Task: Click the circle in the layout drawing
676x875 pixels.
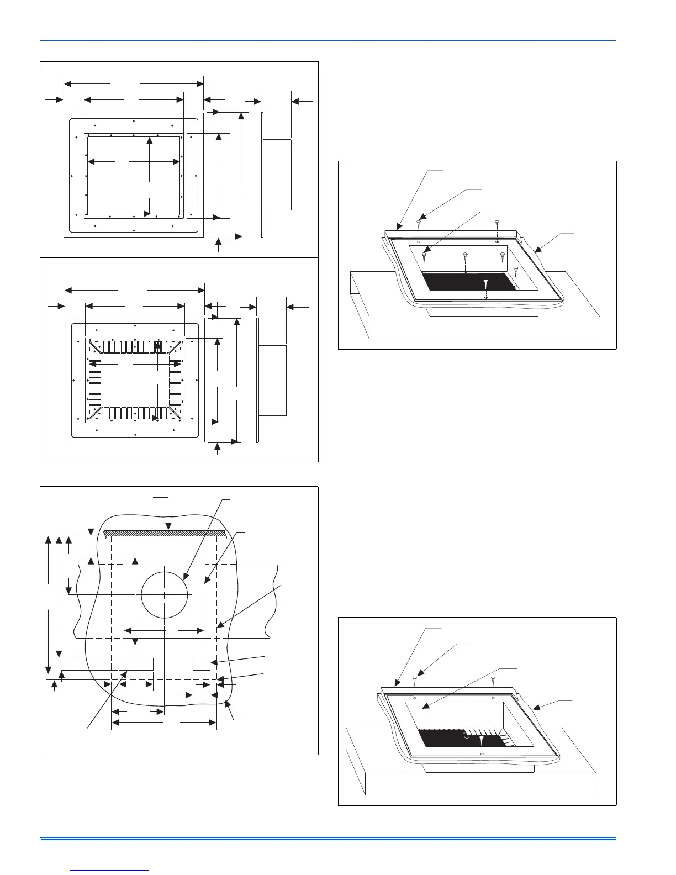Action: pos(165,594)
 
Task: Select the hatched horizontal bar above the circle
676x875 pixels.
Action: pos(165,533)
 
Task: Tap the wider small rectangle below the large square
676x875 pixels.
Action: pos(136,664)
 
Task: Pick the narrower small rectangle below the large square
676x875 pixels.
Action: pos(202,664)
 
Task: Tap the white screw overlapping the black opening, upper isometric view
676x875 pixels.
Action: pos(485,283)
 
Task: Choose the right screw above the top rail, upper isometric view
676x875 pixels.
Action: pos(498,223)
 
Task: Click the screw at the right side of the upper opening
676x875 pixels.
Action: pos(515,270)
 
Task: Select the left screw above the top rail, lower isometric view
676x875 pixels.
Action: pos(415,679)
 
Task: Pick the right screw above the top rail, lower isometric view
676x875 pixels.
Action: pos(493,679)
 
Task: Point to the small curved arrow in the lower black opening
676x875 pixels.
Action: pos(466,735)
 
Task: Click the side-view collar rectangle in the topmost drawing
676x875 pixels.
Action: pos(277,175)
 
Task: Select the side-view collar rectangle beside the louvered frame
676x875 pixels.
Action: pos(273,381)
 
